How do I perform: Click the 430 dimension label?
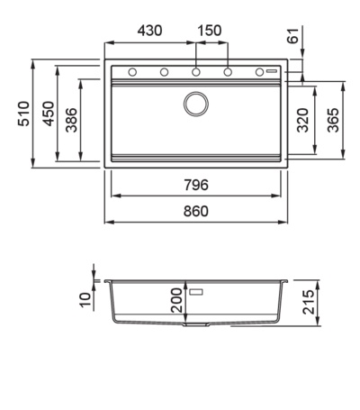coord(149,31)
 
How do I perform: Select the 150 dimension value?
coord(210,31)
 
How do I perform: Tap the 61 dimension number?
coord(293,35)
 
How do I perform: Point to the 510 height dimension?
coord(23,114)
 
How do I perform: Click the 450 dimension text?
coord(48,114)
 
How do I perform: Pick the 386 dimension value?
coord(71,120)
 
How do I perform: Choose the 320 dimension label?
coord(302,120)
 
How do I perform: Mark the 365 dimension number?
coord(333,120)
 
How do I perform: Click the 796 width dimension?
coord(196,185)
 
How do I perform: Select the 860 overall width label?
coord(196,211)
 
